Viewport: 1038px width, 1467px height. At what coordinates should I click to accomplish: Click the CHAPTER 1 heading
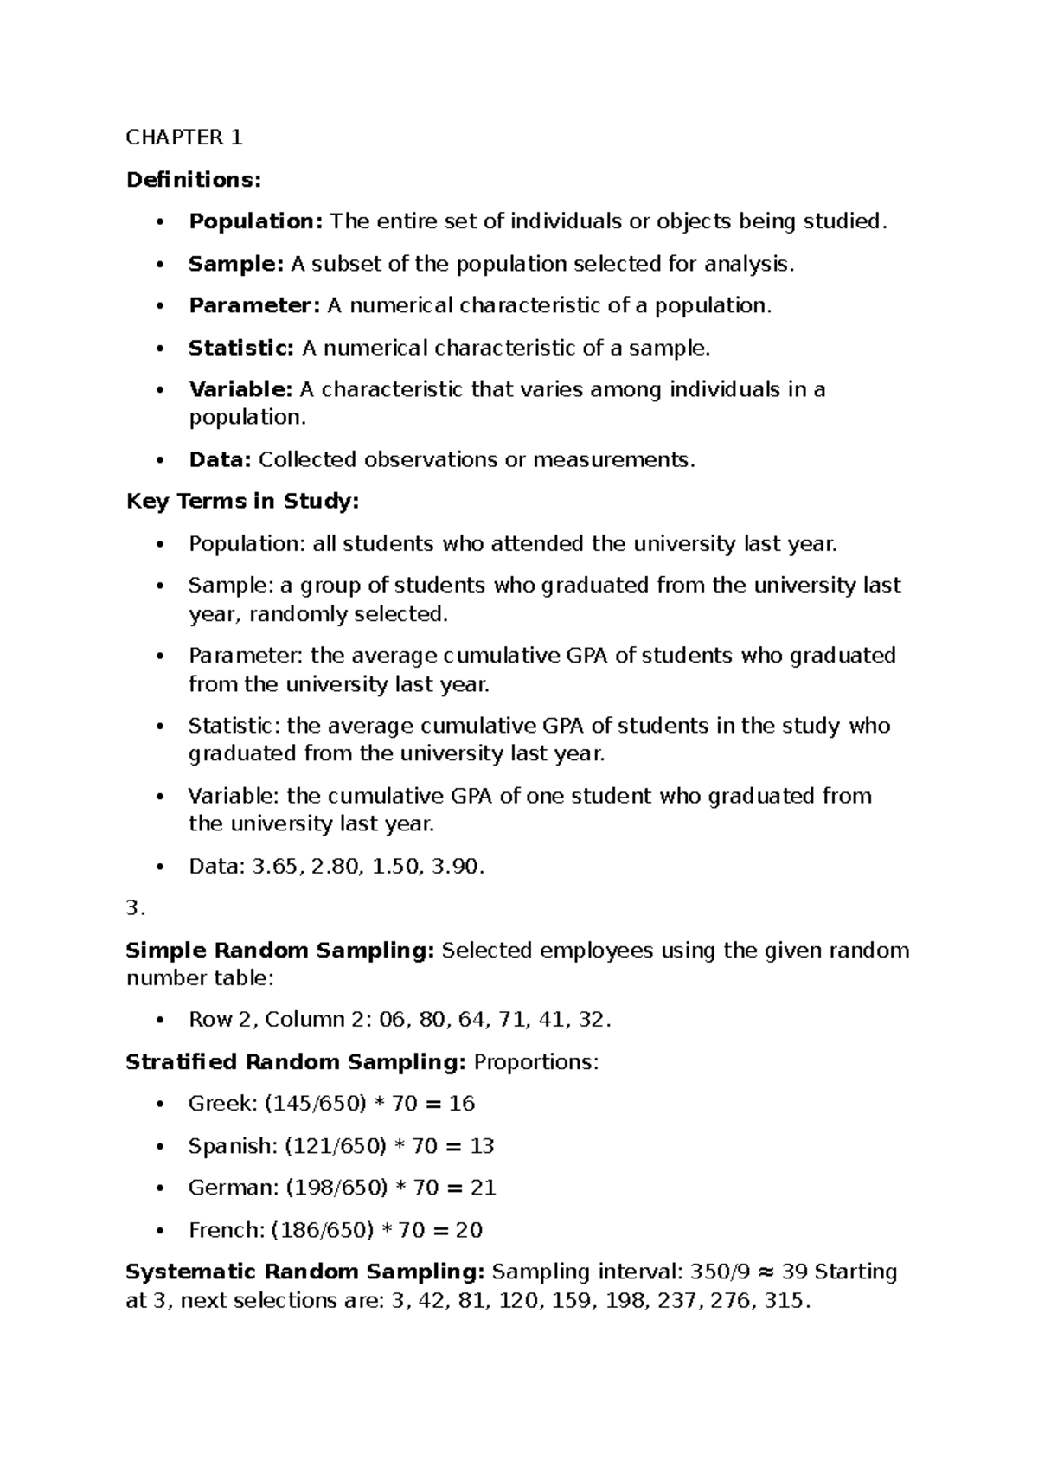[x=184, y=138]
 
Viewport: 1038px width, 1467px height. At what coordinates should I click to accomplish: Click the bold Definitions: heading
[x=193, y=180]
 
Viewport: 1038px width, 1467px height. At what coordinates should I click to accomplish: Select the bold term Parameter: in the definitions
[x=254, y=306]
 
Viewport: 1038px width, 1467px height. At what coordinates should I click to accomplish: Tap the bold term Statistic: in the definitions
[x=241, y=349]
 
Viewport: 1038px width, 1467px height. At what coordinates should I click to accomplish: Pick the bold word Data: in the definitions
[x=220, y=460]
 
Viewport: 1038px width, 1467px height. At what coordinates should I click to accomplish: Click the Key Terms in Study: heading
[x=242, y=502]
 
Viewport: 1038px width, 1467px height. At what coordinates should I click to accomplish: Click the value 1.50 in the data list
[x=395, y=867]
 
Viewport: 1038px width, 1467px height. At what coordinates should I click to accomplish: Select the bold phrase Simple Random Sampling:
[x=280, y=951]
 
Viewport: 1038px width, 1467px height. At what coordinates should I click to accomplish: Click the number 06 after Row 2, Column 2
[x=392, y=1020]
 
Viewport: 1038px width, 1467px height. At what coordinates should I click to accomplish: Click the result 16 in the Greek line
[x=462, y=1105]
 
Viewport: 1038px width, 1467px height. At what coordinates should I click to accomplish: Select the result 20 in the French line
[x=469, y=1231]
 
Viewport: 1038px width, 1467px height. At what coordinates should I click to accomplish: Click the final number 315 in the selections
[x=785, y=1301]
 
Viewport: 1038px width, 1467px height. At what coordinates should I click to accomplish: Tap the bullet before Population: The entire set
[x=159, y=222]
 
